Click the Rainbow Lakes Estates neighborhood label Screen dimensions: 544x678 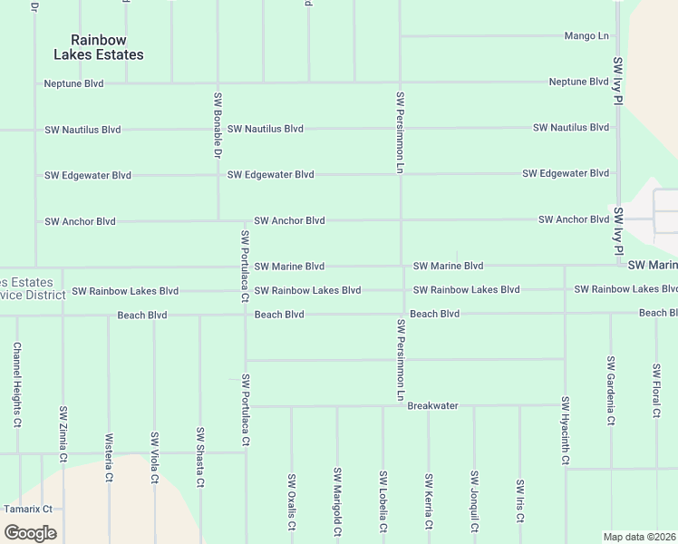click(x=99, y=47)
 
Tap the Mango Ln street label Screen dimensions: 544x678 click(x=586, y=36)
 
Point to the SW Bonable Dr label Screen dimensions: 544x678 click(x=218, y=124)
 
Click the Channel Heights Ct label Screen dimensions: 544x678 click(x=17, y=384)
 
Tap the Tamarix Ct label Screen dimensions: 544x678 click(x=28, y=510)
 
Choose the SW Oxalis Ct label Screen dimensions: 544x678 click(x=291, y=501)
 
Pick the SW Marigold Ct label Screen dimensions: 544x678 click(x=337, y=501)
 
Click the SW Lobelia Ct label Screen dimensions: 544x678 click(x=383, y=501)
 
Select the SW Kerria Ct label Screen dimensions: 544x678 click(x=429, y=501)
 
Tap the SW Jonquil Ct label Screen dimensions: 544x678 click(x=474, y=501)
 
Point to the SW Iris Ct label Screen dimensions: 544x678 click(x=519, y=501)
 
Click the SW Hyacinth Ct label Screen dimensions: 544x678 click(x=565, y=431)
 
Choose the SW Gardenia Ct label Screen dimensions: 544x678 click(x=611, y=390)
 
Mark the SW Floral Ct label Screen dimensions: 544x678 click(x=656, y=390)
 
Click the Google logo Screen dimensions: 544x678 click(x=30, y=533)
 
